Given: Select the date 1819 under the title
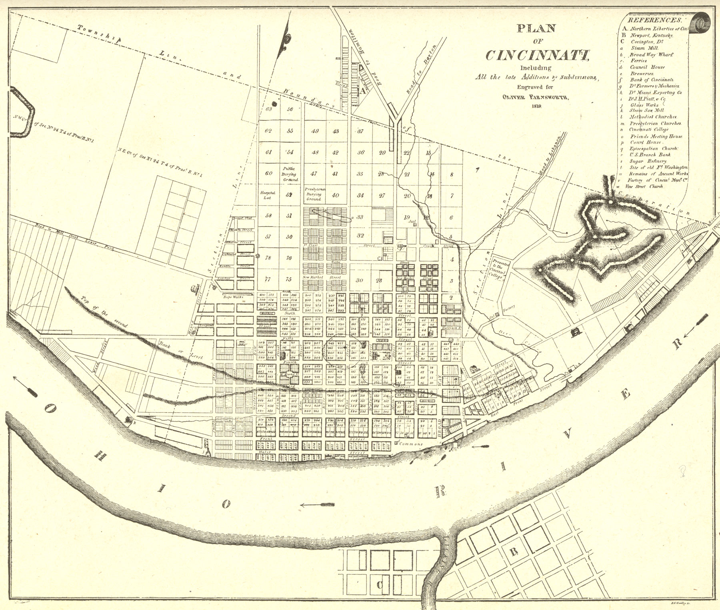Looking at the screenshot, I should pos(536,106).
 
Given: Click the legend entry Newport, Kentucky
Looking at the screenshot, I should pos(652,35).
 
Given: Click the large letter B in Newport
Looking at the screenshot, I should pos(514,552).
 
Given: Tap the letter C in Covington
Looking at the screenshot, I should pos(380,585).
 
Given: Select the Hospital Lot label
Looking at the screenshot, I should pos(268,195).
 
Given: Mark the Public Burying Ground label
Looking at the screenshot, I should pos(290,174).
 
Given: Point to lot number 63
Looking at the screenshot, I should pos(268,109).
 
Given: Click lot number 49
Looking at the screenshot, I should pos(315,131).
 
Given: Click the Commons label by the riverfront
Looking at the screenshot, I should pos(411,444).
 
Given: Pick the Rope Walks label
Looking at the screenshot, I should pos(233,297).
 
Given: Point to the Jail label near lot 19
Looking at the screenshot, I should pos(412,221).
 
